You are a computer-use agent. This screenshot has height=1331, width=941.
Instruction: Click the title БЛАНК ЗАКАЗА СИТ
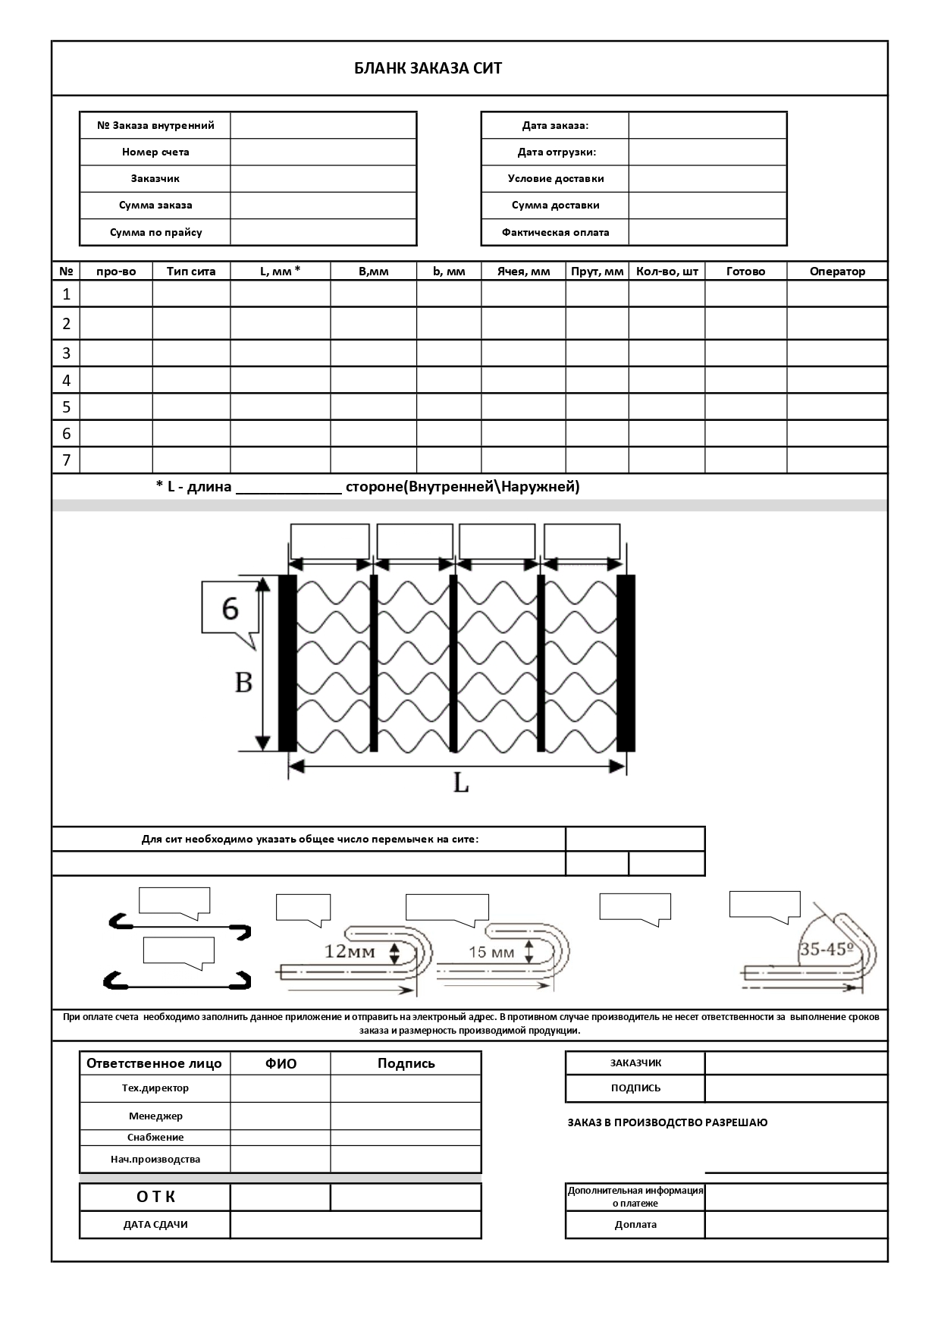(428, 69)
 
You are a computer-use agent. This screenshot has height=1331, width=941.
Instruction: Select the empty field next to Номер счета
(323, 152)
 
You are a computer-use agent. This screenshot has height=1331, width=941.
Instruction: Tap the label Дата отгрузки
(557, 152)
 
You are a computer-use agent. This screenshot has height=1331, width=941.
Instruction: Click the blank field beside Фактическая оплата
(707, 232)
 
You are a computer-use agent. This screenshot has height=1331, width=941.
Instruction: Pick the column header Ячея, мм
(523, 272)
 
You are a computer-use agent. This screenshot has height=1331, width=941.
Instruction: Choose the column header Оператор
(836, 272)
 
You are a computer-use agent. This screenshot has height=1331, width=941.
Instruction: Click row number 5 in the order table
(66, 407)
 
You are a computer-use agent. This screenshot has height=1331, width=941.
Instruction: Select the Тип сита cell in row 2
(191, 324)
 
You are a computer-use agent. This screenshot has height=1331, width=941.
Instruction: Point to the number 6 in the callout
(230, 608)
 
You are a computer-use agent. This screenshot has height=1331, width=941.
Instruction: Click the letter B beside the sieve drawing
(243, 683)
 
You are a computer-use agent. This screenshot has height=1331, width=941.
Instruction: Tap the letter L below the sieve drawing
(461, 783)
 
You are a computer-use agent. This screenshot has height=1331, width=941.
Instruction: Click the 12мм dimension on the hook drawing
(350, 951)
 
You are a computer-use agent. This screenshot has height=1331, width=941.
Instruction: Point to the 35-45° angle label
(826, 949)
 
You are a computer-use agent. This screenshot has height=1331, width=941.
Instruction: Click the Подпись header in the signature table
(406, 1063)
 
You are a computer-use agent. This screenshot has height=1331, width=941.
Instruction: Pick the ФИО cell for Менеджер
(280, 1116)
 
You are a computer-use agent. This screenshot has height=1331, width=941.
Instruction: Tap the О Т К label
(155, 1197)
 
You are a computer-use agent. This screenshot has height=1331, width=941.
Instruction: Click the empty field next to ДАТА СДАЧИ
(355, 1225)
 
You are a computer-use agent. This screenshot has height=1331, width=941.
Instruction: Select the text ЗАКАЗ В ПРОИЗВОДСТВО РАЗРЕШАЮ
(667, 1122)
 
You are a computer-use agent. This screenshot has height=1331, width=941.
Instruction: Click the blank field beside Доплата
(795, 1225)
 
